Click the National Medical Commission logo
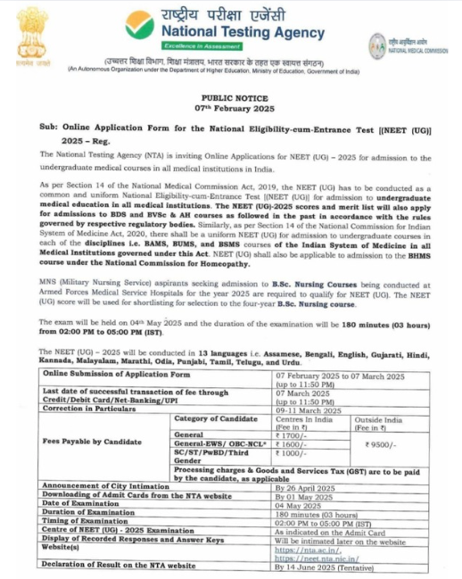click(x=377, y=42)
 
